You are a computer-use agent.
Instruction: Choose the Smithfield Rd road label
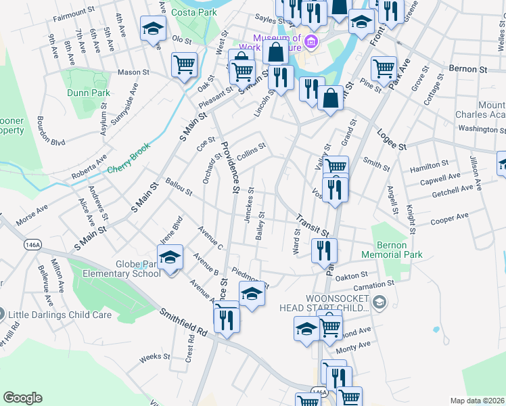[183, 322]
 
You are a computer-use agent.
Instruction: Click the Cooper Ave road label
[449, 218]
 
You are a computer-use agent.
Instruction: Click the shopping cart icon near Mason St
[184, 65]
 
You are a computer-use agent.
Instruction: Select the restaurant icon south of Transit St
[324, 250]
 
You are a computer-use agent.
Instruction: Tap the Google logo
[22, 398]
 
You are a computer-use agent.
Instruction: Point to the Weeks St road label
[154, 357]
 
